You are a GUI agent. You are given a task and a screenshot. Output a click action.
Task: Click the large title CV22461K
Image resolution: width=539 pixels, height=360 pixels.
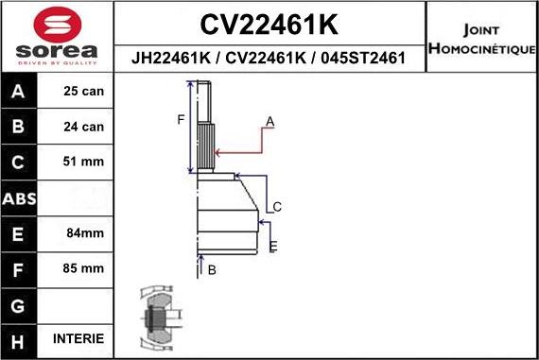(x=270, y=23)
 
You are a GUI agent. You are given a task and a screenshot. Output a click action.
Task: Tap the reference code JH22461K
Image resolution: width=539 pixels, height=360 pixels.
(x=169, y=58)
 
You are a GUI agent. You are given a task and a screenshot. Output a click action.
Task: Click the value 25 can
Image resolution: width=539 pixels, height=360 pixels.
(x=82, y=92)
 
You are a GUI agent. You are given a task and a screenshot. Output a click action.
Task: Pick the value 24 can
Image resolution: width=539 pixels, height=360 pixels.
(x=82, y=127)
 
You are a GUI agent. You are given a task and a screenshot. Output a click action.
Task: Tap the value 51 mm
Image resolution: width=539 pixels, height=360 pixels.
(x=82, y=162)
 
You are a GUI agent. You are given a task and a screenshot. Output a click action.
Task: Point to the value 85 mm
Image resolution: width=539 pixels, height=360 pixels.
(x=82, y=267)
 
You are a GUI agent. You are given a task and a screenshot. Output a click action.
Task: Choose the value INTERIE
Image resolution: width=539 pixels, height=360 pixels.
(x=80, y=338)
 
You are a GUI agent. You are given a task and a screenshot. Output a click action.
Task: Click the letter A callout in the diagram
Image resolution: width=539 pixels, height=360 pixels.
(x=269, y=122)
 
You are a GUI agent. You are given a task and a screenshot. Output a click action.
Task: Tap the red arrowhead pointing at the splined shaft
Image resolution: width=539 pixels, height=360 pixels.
(x=219, y=151)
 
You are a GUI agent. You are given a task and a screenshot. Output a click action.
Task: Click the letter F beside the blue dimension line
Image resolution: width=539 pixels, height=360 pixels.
(x=181, y=119)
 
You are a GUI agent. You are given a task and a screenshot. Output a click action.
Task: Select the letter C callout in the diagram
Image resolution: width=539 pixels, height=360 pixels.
(x=277, y=207)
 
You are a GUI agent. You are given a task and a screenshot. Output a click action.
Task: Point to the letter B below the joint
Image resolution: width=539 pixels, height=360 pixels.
(x=212, y=270)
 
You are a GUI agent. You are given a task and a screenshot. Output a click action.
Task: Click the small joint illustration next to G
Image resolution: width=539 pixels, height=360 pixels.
(x=157, y=318)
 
